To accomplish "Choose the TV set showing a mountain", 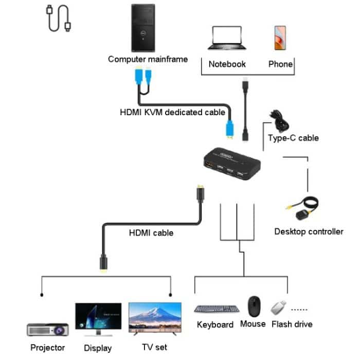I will click(x=155, y=318).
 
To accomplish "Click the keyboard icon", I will click(x=216, y=309).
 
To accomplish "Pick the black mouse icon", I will click(x=254, y=305).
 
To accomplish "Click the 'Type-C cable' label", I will click(x=293, y=138).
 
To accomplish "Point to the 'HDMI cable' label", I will click(x=151, y=233).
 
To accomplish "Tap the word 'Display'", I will click(x=98, y=348).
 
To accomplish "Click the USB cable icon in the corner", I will click(x=59, y=19).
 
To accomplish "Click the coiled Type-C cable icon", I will click(x=281, y=121).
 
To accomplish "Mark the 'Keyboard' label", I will click(x=215, y=325).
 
